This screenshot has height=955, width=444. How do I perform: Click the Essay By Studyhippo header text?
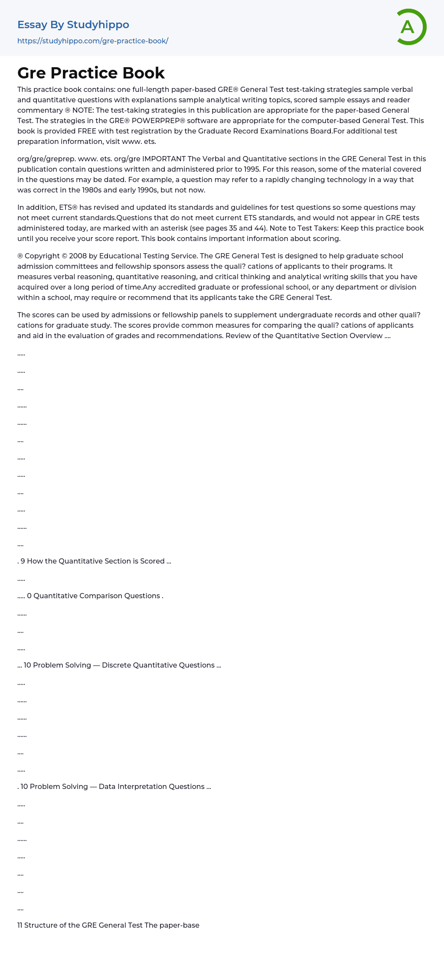coord(73,25)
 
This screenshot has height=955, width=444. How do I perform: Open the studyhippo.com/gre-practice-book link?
coord(93,41)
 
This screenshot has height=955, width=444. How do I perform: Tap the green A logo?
coord(410,27)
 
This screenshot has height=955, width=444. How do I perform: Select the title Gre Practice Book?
coord(91,73)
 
